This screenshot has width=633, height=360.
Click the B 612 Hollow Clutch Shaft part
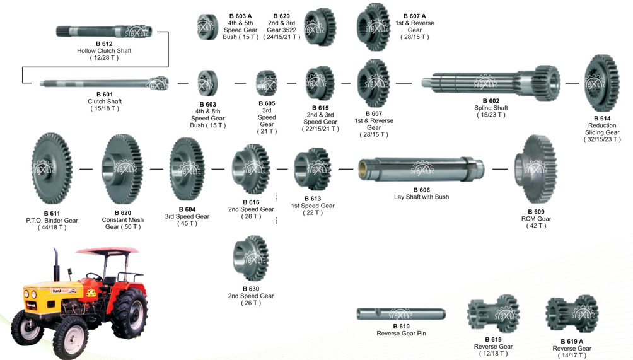pyautogui.click(x=104, y=31)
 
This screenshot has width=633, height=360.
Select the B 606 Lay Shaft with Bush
pyautogui.click(x=421, y=169)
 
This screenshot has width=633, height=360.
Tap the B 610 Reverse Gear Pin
pyautogui.click(x=401, y=314)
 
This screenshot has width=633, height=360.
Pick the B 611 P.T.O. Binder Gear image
pyautogui.click(x=52, y=169)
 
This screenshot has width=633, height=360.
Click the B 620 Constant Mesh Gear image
pyautogui.click(x=122, y=169)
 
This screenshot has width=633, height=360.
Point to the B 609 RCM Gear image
pyautogui.click(x=535, y=169)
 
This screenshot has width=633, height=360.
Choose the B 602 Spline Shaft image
pyautogui.click(x=491, y=83)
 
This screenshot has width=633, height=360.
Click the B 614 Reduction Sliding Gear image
pyautogui.click(x=601, y=83)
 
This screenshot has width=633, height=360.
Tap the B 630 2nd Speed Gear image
pyautogui.click(x=251, y=258)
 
